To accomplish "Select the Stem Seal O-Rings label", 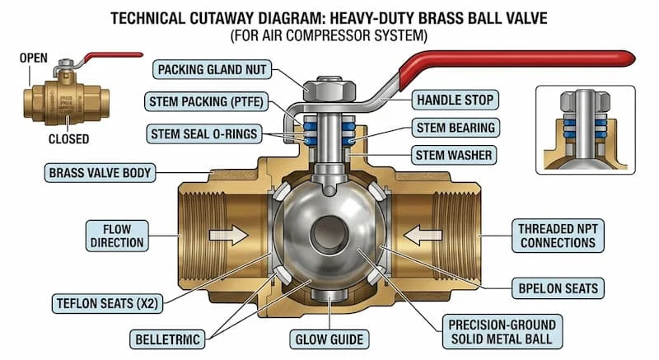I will tap(203, 133).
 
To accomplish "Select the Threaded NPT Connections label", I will tap(558, 235).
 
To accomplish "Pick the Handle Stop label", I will tap(456, 101).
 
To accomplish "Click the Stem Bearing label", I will tap(455, 128).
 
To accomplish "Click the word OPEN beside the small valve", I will tap(35, 59).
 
